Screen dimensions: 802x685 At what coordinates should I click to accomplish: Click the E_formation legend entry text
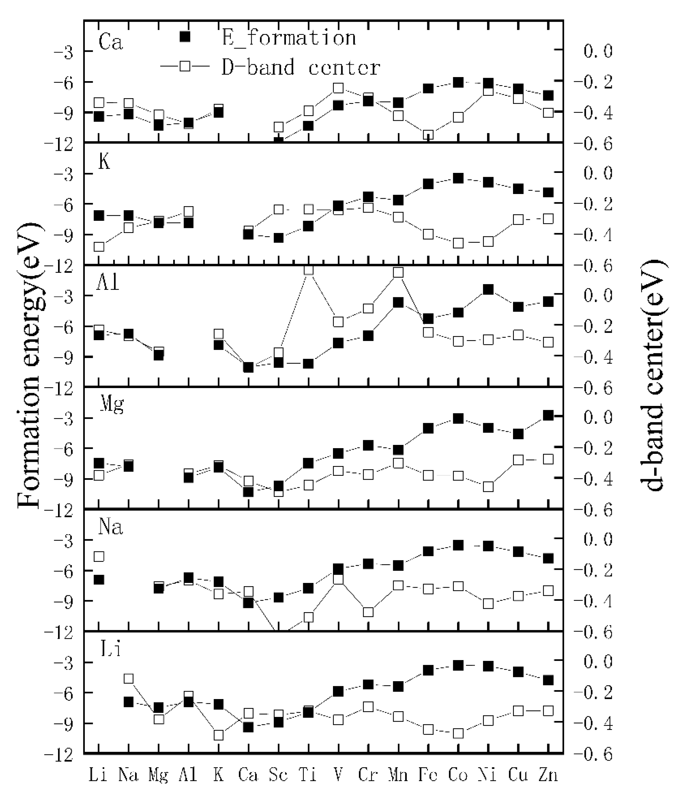289,38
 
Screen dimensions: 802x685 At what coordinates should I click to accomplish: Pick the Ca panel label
110,42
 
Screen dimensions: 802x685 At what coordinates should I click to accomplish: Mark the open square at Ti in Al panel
309,270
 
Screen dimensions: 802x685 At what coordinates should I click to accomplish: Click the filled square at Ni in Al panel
488,289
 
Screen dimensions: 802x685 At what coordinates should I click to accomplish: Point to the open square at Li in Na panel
99,556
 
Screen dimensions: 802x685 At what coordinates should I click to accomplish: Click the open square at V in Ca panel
338,88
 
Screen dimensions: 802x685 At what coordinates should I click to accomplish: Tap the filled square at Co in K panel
458,178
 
